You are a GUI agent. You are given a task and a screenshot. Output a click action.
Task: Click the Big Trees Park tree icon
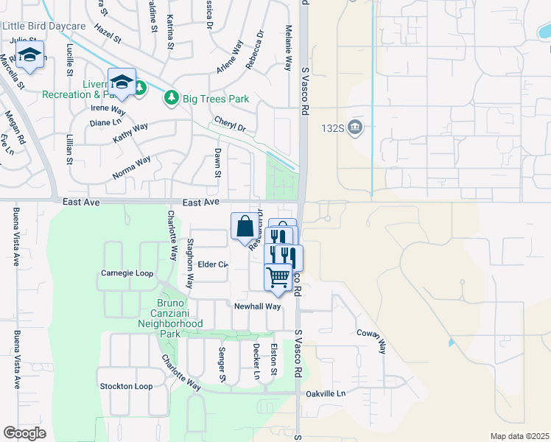(x=172, y=97)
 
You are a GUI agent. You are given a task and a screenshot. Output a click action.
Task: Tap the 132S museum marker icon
(x=356, y=127)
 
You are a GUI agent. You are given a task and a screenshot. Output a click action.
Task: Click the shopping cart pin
(x=278, y=278)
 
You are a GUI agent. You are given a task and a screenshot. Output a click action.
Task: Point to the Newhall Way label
(x=258, y=306)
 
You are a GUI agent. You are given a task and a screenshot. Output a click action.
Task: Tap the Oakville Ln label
(x=326, y=393)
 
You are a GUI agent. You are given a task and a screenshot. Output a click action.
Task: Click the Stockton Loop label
(x=126, y=386)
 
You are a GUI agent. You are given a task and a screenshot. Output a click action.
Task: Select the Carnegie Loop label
(x=127, y=273)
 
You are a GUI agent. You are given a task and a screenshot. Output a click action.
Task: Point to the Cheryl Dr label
(x=230, y=123)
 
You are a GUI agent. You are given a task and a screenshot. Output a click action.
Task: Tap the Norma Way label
(x=132, y=167)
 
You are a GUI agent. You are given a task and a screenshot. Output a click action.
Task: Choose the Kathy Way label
(x=130, y=133)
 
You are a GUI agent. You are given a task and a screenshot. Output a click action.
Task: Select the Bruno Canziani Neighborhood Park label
(x=170, y=318)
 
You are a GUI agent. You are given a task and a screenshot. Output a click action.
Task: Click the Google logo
(x=24, y=433)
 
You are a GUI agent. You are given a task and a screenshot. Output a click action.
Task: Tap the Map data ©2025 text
(x=520, y=436)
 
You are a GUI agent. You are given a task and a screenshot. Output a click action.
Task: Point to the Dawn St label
(x=217, y=162)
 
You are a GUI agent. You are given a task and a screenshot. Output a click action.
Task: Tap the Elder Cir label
(x=212, y=264)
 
